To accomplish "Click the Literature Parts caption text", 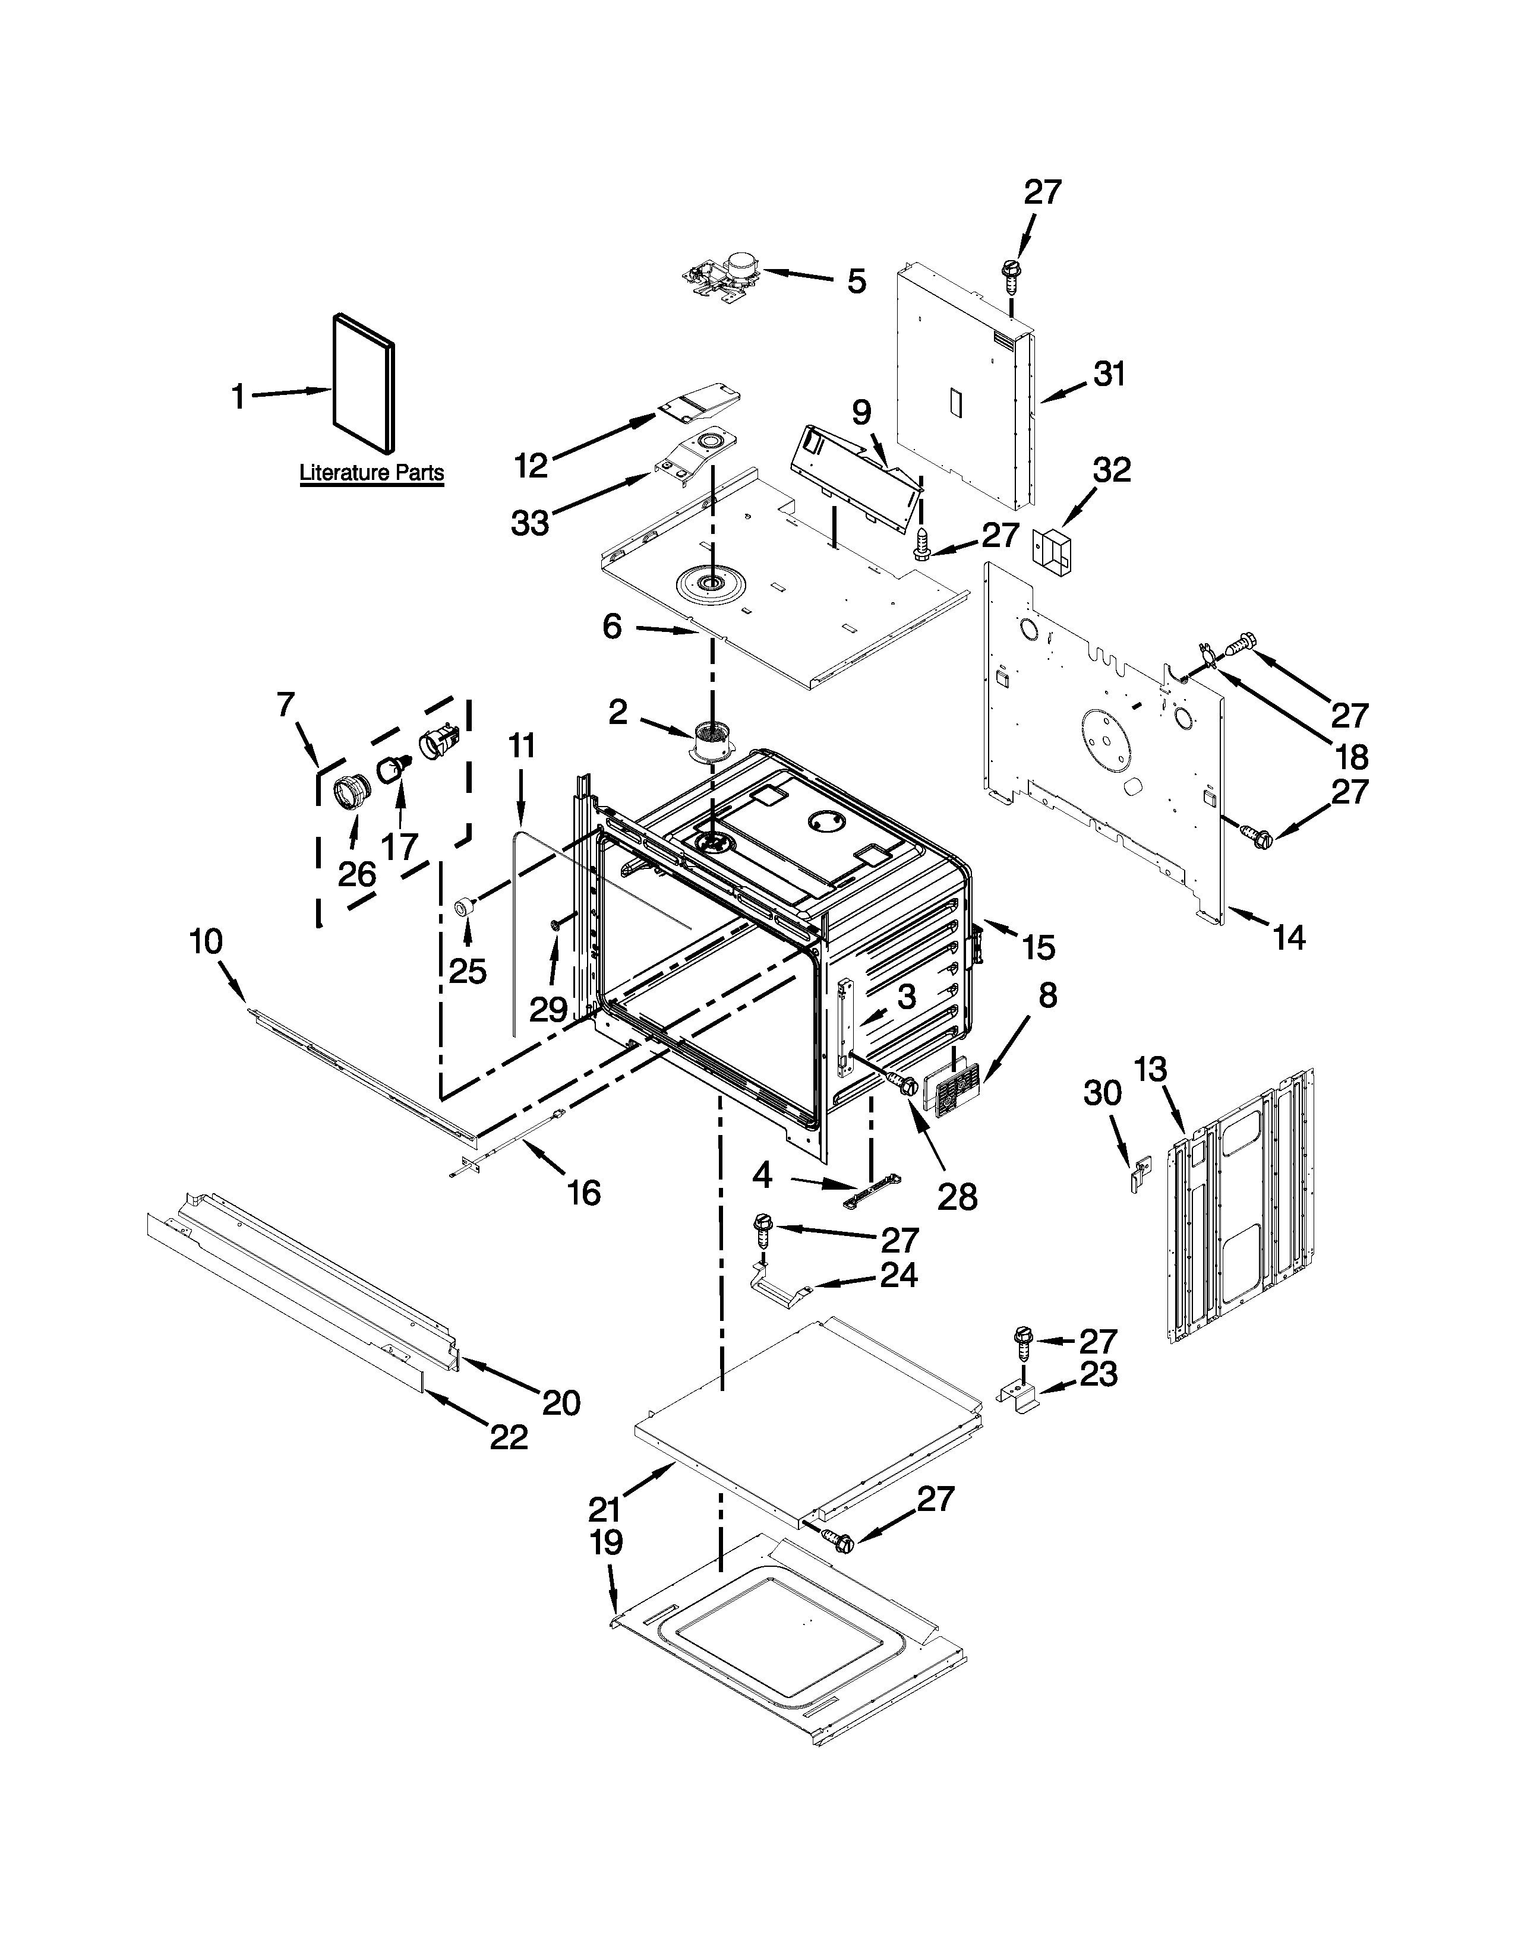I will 371,473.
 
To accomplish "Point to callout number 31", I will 1109,374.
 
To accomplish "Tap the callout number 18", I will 1351,757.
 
